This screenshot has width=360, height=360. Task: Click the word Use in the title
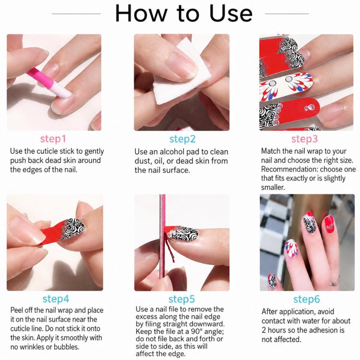(231, 13)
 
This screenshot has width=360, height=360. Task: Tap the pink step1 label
(53, 139)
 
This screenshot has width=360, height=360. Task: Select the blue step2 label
(182, 139)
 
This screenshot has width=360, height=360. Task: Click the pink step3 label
(304, 139)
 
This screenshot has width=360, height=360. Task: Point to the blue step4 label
(56, 299)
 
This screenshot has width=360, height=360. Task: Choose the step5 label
(181, 299)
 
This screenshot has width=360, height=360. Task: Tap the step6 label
(307, 299)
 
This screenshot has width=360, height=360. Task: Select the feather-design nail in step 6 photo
(291, 249)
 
